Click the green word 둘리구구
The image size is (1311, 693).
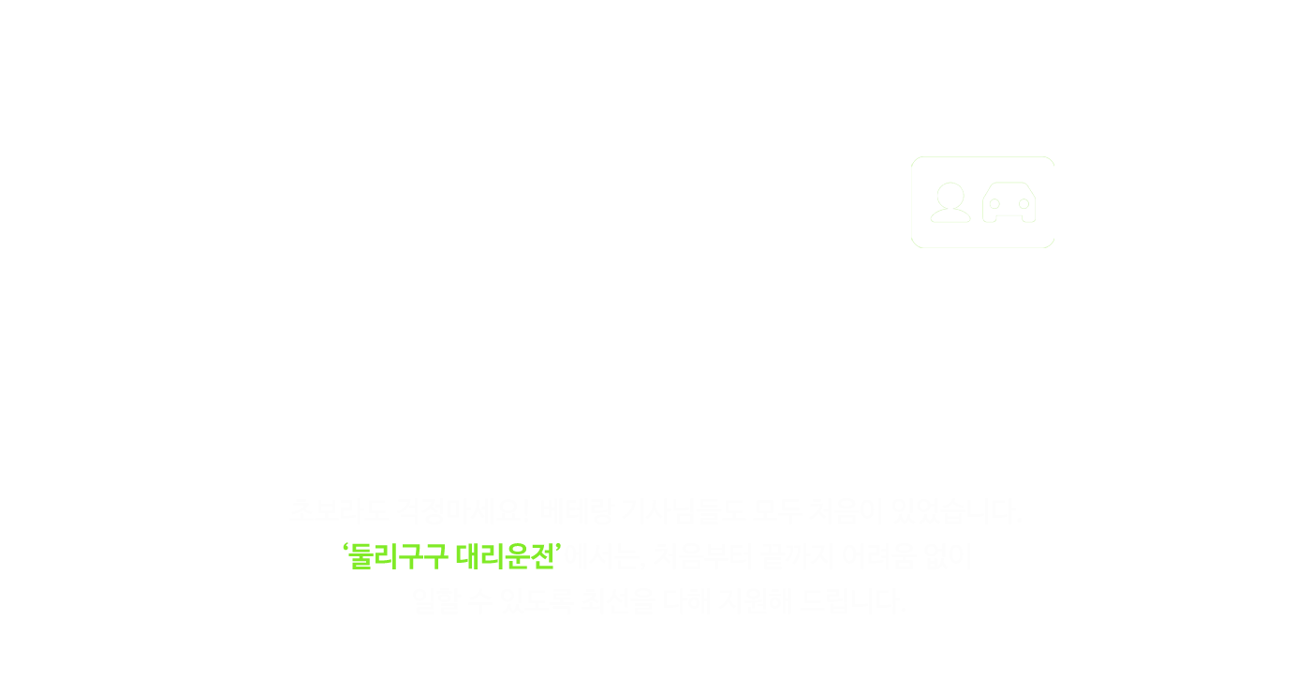[398, 558]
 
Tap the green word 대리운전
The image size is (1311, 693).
[505, 558]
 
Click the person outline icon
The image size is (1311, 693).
[950, 202]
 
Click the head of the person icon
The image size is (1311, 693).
[950, 194]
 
